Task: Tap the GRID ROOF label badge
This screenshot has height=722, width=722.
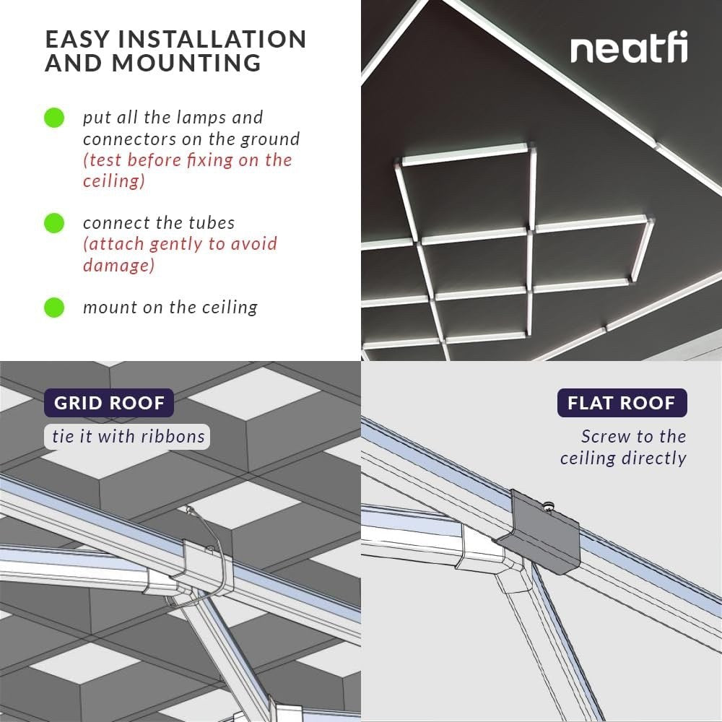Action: click(x=109, y=402)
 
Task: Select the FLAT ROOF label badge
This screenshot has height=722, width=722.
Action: click(x=622, y=402)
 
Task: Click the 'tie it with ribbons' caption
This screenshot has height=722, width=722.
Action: click(x=129, y=436)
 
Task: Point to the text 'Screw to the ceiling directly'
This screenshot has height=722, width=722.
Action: click(x=624, y=447)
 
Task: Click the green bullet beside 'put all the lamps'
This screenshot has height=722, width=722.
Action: click(x=54, y=118)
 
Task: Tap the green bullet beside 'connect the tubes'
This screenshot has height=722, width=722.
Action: click(x=54, y=223)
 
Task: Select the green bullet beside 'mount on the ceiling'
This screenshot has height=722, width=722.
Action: click(x=54, y=308)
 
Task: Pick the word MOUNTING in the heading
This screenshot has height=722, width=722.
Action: click(x=186, y=64)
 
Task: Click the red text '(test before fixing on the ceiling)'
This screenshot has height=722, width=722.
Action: click(x=186, y=170)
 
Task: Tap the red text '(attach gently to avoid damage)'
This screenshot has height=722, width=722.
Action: click(x=179, y=254)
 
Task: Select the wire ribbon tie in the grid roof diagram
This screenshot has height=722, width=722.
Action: click(x=217, y=549)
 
